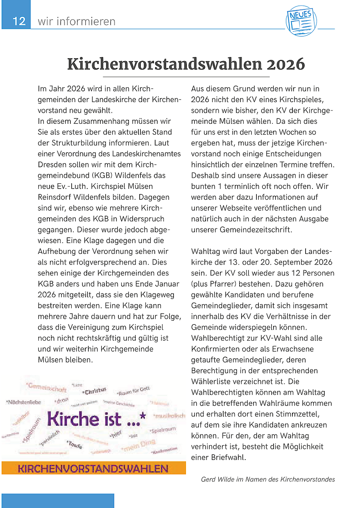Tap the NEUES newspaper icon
coord(301,22)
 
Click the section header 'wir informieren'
coord(76,21)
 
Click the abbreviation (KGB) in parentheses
coord(103,176)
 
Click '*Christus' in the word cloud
coord(94,391)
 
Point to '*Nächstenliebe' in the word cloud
coord(24,402)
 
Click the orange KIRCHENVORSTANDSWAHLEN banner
coord(93,468)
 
